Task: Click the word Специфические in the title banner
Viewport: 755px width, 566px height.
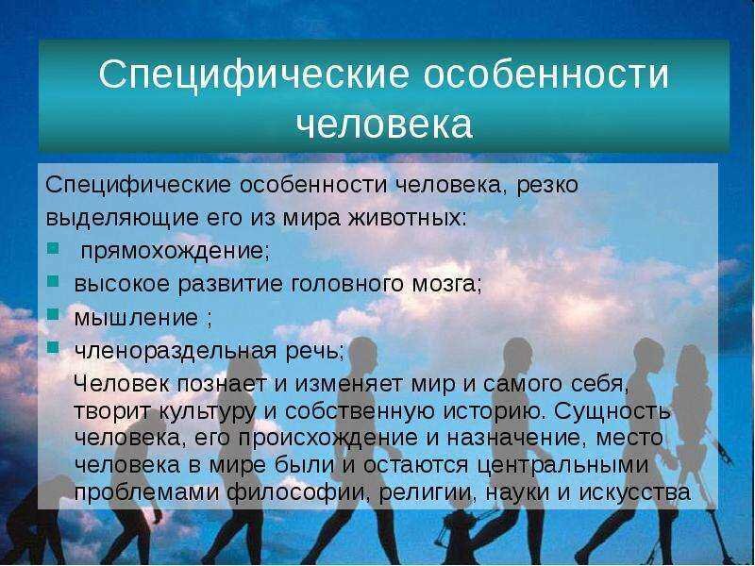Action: [254, 75]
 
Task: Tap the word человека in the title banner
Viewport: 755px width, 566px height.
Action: [384, 125]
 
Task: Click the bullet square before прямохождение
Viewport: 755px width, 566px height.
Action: [53, 248]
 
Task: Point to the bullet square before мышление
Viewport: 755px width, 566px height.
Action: [53, 314]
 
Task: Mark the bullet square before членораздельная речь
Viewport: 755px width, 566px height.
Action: [53, 347]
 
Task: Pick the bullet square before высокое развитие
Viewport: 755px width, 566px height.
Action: [53, 281]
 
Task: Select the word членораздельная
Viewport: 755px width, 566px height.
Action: [176, 351]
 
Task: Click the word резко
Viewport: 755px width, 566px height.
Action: [547, 186]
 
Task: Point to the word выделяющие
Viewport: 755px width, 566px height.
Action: [123, 219]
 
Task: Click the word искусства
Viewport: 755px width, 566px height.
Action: [634, 492]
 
